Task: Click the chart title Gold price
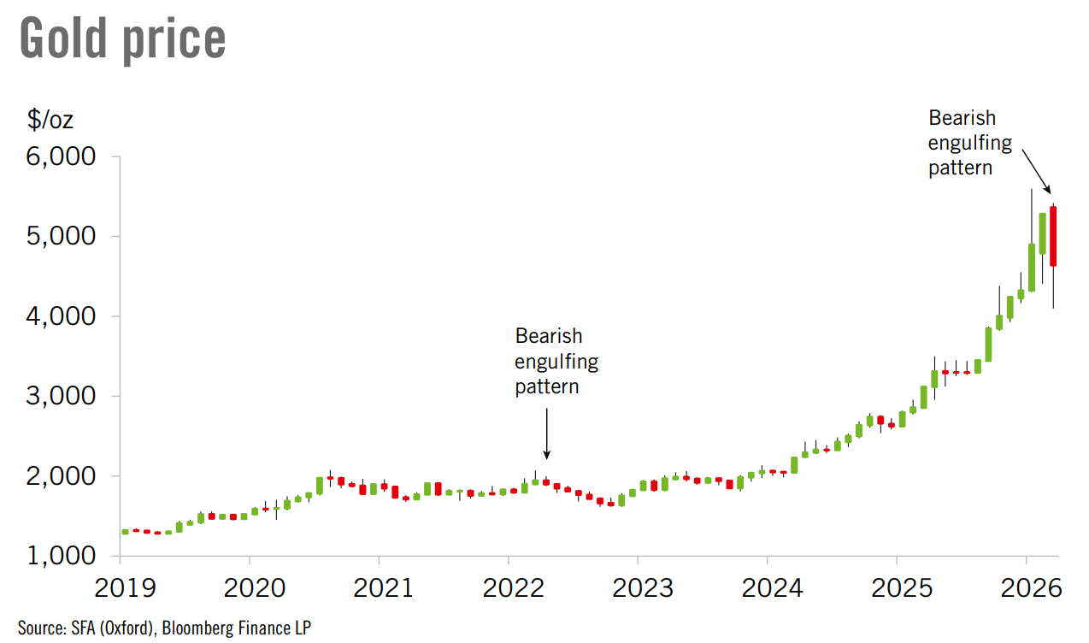coord(122,38)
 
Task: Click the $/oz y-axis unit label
coord(50,120)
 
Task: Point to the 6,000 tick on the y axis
coord(65,157)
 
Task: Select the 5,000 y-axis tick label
coord(65,237)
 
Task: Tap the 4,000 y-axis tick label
coord(65,316)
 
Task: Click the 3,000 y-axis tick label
coord(65,397)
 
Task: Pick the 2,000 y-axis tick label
coord(65,476)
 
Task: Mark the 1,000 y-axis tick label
coord(65,556)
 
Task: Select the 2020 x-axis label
coord(250,589)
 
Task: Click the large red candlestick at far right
coord(1053,237)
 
